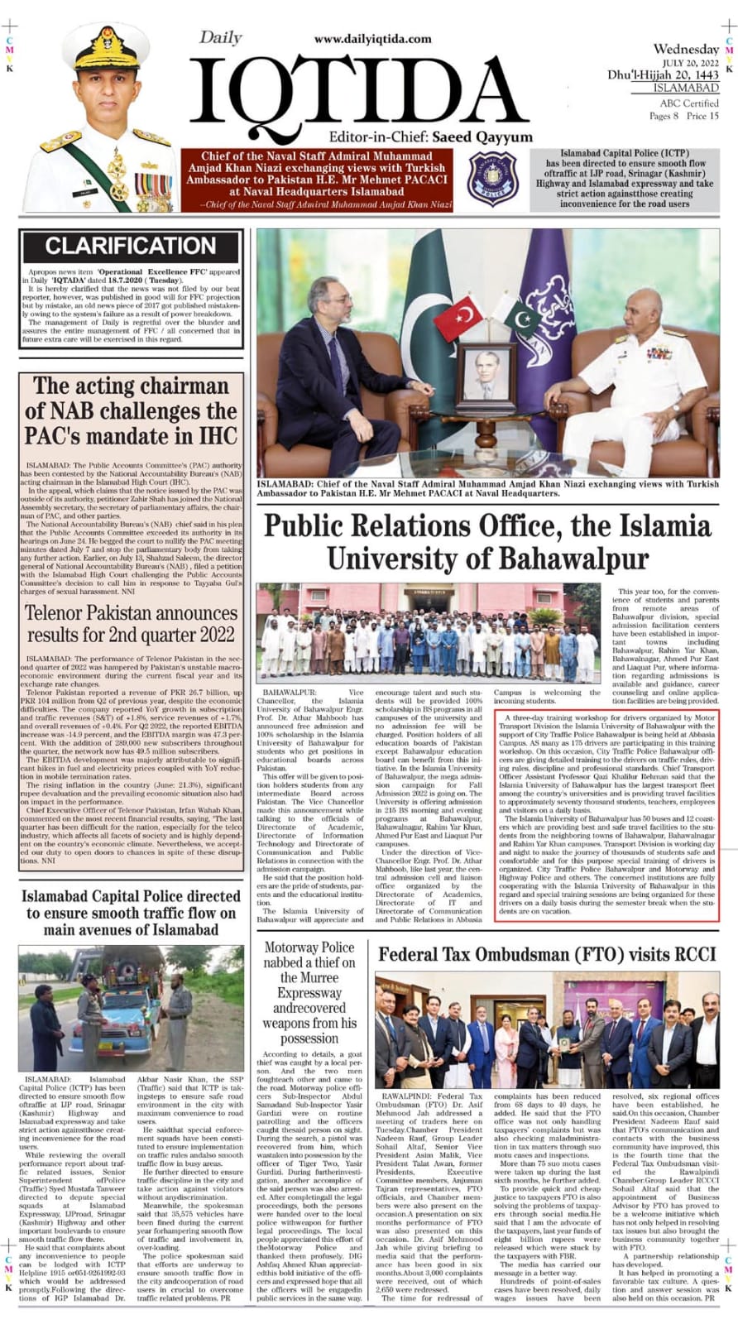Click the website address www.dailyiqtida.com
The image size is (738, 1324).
click(372, 39)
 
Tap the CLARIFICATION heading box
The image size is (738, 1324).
click(131, 246)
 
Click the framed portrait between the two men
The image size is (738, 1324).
click(486, 374)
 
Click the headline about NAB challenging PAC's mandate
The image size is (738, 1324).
click(131, 410)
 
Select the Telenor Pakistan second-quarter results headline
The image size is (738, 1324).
click(131, 624)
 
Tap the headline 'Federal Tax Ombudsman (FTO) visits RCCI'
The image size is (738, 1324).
click(546, 954)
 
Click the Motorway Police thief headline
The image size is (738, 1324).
click(309, 992)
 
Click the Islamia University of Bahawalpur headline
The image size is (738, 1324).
click(487, 542)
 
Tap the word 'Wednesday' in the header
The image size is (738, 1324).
click(686, 49)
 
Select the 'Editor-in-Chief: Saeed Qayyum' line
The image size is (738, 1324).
click(430, 137)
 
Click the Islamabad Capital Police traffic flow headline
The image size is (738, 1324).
click(131, 913)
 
